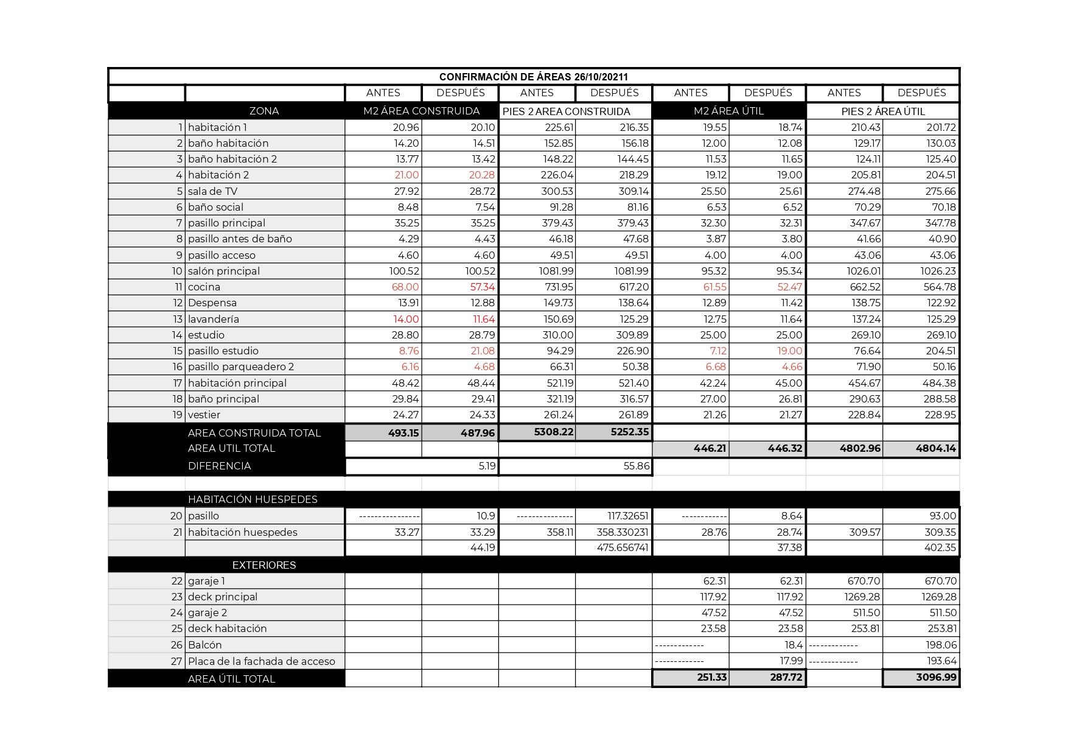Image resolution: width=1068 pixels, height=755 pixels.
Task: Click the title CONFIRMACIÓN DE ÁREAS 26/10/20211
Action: [x=533, y=77]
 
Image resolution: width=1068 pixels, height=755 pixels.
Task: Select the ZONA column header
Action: [x=264, y=111]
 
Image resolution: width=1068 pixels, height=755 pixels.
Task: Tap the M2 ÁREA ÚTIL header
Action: [x=728, y=111]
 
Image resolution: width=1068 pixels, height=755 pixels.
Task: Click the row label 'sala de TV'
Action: [x=212, y=191]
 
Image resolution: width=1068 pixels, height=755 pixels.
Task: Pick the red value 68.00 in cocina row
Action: [x=405, y=287]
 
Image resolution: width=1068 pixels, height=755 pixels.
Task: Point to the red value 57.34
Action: [x=483, y=287]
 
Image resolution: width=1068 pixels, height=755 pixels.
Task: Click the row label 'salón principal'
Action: [x=223, y=271]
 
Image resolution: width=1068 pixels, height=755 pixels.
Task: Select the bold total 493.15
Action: [x=403, y=433]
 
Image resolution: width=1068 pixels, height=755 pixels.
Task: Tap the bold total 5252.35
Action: [x=630, y=432]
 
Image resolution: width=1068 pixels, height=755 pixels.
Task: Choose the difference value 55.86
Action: [x=637, y=466]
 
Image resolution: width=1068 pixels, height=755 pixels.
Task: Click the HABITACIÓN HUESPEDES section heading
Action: [x=253, y=499]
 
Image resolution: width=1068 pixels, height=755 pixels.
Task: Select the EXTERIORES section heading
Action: [x=264, y=565]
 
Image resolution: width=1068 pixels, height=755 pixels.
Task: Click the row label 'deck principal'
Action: [x=222, y=597]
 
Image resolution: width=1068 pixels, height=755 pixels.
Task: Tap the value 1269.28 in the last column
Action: [x=939, y=597]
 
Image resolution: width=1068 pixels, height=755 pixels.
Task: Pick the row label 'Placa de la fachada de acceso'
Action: [x=261, y=661]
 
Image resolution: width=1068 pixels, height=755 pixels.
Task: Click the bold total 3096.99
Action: [x=936, y=677]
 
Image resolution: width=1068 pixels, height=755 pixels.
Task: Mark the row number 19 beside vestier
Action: [x=177, y=415]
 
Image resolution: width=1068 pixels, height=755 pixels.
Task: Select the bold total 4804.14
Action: [x=936, y=448]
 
